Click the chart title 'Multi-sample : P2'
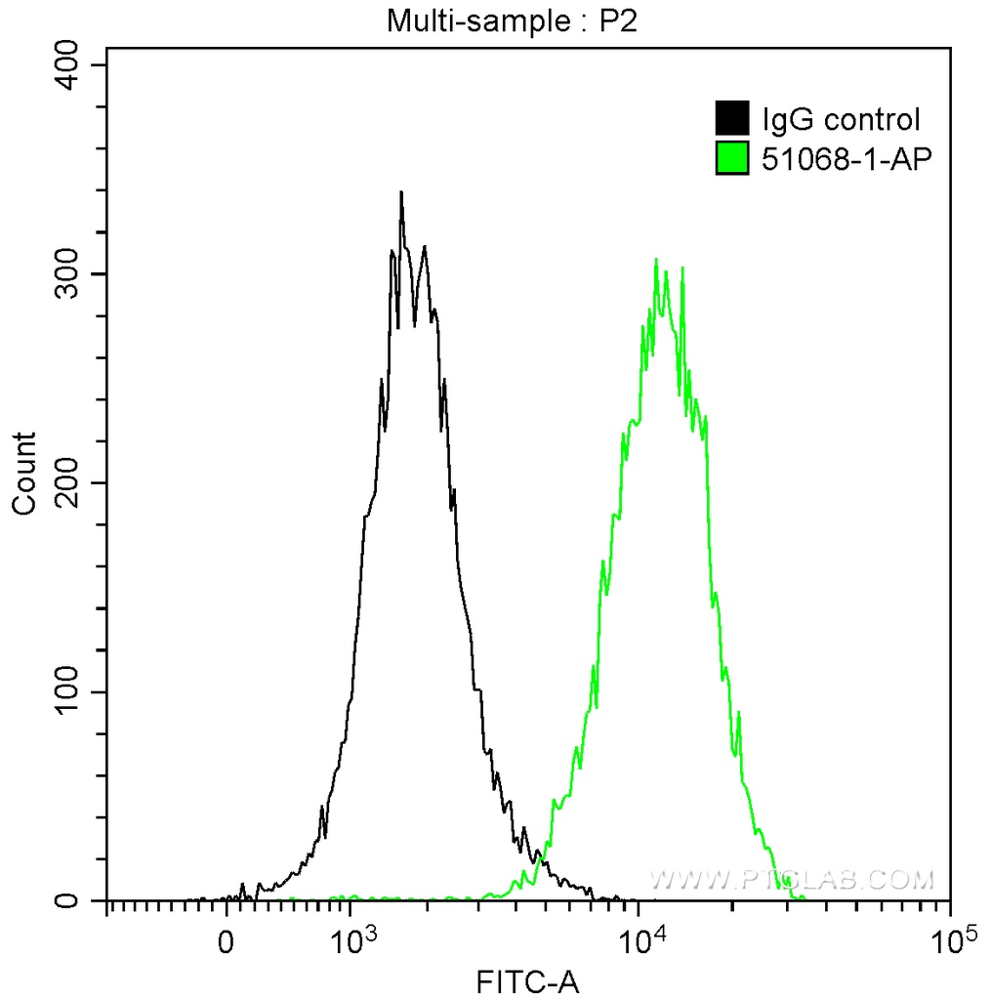coord(512,21)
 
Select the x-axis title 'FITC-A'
coord(527,980)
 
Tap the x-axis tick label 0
coord(227,944)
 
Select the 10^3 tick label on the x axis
coord(351,942)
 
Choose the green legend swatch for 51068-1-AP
coord(732,157)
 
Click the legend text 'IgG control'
coord(841,120)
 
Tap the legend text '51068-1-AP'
coord(841,158)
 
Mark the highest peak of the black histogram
coord(401,192)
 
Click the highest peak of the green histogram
coord(656,260)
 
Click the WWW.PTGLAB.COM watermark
coord(791,880)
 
